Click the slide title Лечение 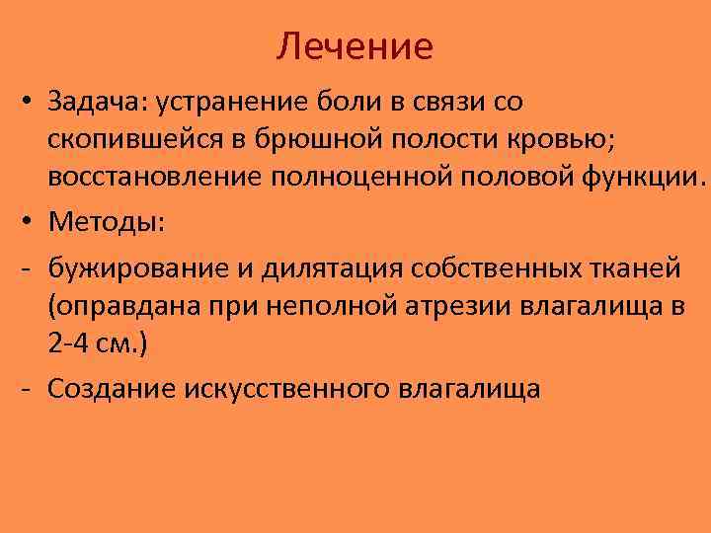pos(355,46)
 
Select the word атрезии pos(466,305)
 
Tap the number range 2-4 pos(68,344)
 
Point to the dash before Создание pos(25,387)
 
